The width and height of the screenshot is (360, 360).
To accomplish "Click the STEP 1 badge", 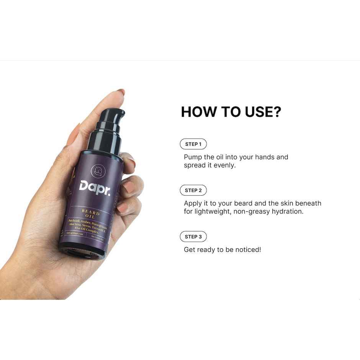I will [x=193, y=144].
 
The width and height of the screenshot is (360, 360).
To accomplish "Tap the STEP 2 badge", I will [x=193, y=190].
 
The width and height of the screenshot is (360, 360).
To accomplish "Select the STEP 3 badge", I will [x=193, y=237].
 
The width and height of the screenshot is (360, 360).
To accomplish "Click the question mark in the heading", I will [x=277, y=112].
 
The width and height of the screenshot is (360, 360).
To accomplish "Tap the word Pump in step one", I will [x=193, y=157].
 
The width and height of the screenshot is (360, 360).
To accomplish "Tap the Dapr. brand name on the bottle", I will [x=95, y=187].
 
